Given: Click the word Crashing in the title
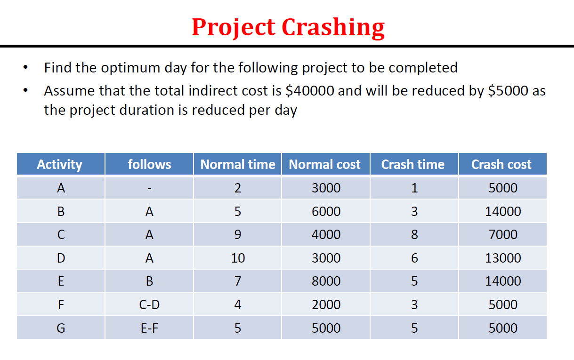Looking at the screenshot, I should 333,27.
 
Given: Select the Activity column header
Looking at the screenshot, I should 60,164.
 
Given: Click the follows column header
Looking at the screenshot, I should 149,164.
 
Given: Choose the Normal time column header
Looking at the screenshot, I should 237,164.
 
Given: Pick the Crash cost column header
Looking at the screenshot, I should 501,164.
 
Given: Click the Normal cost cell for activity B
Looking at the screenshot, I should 326,211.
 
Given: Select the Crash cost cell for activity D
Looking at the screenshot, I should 503,258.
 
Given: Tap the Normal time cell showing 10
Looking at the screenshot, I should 238,258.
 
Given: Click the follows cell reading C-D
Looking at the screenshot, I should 149,304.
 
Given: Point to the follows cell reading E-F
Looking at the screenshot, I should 149,328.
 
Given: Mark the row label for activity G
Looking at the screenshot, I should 61,328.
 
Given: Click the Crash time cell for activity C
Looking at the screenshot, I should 414,234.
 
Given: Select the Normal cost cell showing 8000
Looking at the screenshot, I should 326,281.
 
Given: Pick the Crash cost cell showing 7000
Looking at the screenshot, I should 503,234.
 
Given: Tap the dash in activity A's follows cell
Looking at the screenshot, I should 149,188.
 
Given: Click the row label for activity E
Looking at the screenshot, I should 61,281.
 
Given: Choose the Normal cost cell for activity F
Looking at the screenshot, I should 326,304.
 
